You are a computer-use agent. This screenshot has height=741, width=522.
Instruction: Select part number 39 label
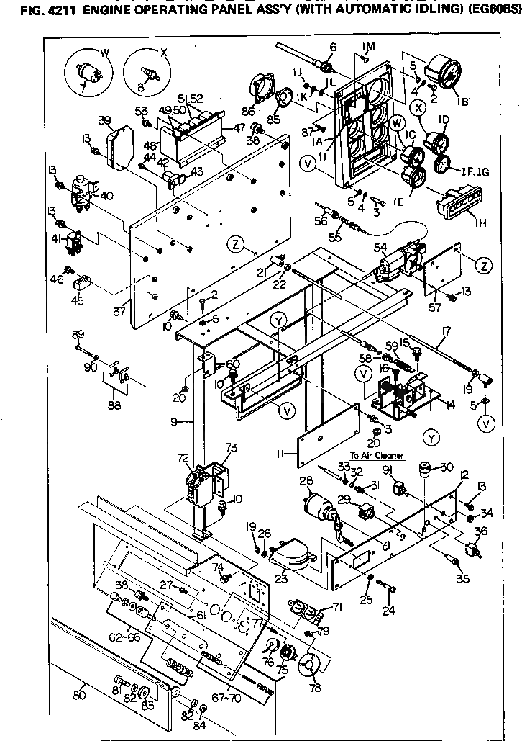tap(105, 120)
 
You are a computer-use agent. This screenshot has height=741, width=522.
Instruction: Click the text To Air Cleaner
tap(375, 455)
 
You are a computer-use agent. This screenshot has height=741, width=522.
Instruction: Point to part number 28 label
tap(306, 480)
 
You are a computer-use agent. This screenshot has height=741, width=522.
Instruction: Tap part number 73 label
tap(231, 448)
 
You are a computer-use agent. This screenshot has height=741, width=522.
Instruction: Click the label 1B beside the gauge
tap(463, 102)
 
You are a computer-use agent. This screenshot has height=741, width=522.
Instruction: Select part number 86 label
tap(249, 112)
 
